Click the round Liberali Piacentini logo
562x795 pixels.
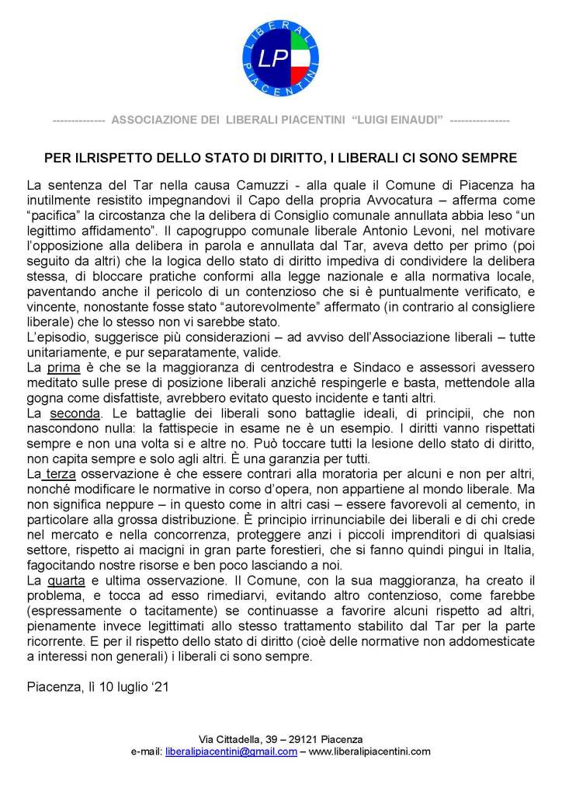[281, 58]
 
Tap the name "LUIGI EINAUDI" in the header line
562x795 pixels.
[397, 120]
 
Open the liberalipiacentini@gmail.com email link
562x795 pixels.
[231, 751]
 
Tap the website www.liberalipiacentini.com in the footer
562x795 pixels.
[369, 751]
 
